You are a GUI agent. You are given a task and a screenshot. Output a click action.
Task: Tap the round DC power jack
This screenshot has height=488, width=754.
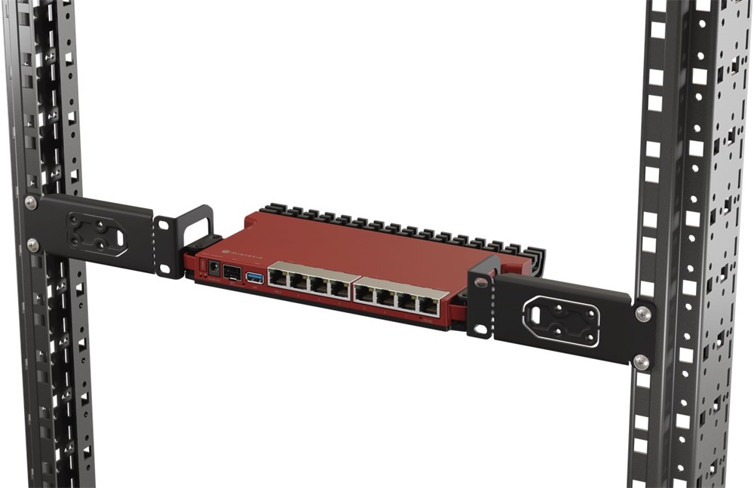213,269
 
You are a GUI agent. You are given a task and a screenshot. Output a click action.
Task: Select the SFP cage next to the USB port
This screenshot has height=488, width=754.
231,273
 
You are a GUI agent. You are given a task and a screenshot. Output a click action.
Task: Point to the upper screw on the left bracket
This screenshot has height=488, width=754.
31,202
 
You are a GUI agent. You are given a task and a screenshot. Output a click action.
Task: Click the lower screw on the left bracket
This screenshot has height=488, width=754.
33,244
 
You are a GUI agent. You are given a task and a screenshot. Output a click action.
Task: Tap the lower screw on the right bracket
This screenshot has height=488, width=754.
642,362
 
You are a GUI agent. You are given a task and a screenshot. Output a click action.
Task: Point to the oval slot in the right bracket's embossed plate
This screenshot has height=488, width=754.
562,320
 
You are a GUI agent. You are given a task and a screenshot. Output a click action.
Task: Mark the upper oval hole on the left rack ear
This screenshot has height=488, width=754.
163,223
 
